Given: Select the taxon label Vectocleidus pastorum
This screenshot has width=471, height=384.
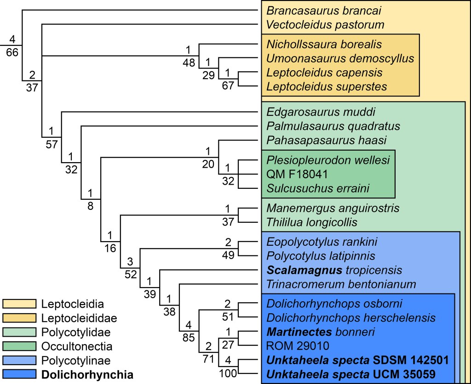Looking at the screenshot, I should [x=325, y=24].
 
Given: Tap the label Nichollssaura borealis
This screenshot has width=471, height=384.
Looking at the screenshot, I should [x=324, y=45].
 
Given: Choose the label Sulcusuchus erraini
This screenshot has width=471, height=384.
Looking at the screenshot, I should [x=317, y=188].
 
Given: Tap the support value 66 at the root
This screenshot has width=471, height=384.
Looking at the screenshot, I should [x=12, y=52].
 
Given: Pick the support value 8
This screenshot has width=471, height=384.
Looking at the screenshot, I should [x=90, y=206].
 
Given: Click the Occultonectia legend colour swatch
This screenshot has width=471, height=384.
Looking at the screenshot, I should [x=19, y=345].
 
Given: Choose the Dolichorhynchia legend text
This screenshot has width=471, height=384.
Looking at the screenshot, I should [x=87, y=375].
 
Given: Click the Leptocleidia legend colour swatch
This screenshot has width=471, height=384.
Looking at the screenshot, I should [x=19, y=304].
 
